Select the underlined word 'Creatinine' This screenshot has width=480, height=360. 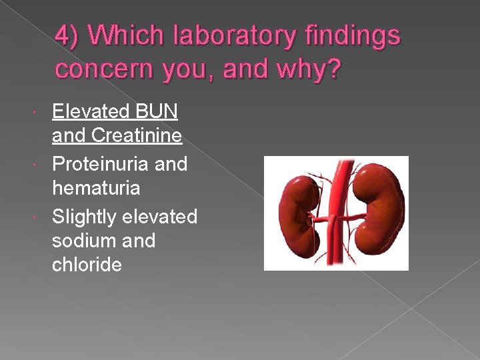coord(137,136)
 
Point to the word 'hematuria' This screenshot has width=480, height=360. coord(96,189)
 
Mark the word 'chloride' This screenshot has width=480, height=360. coord(87,265)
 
